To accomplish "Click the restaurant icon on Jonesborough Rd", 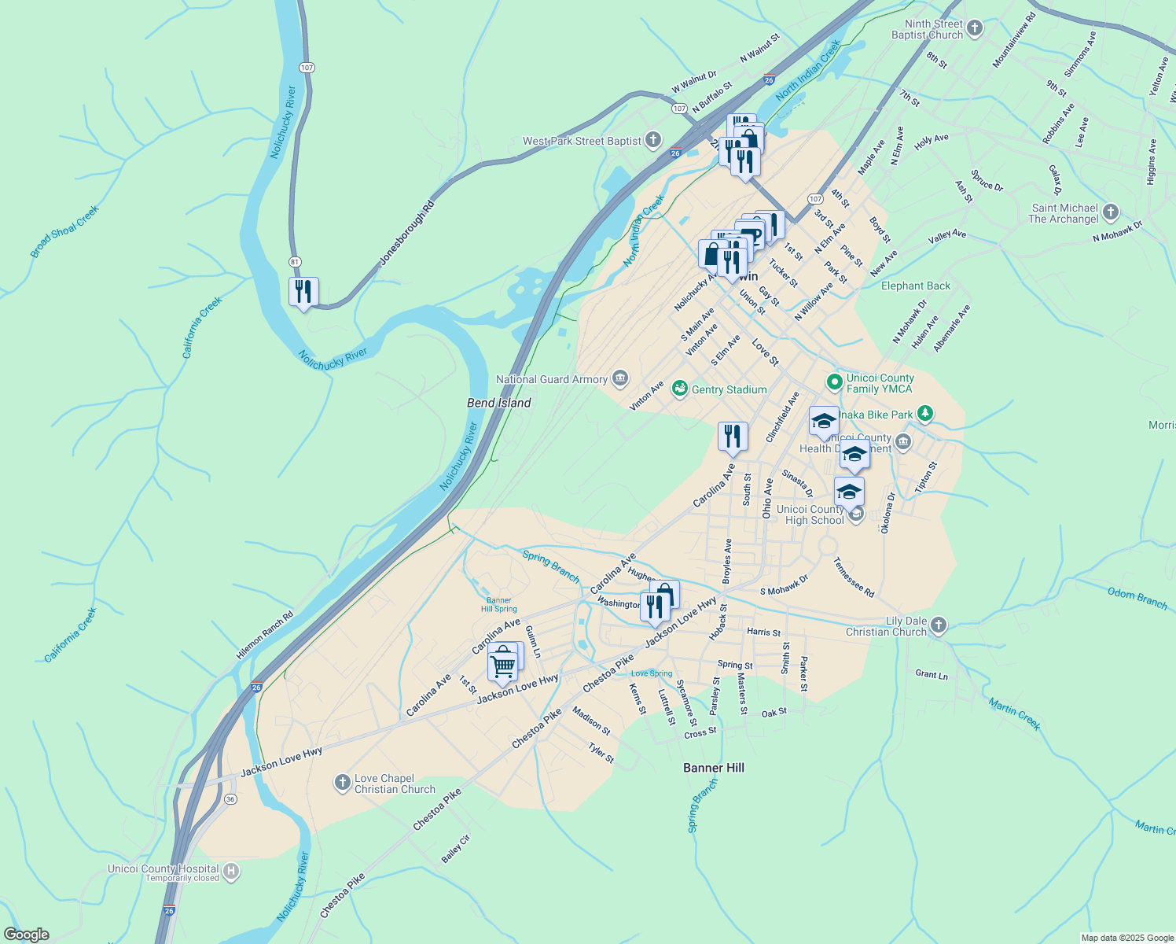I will [x=303, y=292].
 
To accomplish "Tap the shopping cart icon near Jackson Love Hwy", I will [x=502, y=666].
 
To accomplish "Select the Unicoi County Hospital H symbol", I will [x=231, y=871].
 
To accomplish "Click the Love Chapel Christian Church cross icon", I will [x=342, y=782].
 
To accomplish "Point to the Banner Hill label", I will [x=714, y=768].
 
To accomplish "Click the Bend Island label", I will [x=499, y=403].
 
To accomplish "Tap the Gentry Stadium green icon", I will [x=679, y=389].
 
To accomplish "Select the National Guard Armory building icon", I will [x=620, y=379].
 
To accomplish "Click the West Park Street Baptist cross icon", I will [x=653, y=141].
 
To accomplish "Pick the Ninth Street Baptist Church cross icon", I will [x=975, y=29].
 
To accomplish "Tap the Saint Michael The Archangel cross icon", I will [x=1110, y=212].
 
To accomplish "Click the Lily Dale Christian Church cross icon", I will [x=939, y=626].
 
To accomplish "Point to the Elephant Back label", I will [x=916, y=286].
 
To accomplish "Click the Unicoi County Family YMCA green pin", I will [x=834, y=383].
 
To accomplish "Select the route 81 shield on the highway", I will [x=295, y=261].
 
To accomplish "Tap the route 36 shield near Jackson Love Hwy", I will [x=230, y=799].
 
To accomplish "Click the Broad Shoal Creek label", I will [x=64, y=231].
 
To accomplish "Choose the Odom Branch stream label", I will [x=1137, y=597].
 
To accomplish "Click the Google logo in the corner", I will [x=27, y=935].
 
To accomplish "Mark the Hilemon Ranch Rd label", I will [x=265, y=636].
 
